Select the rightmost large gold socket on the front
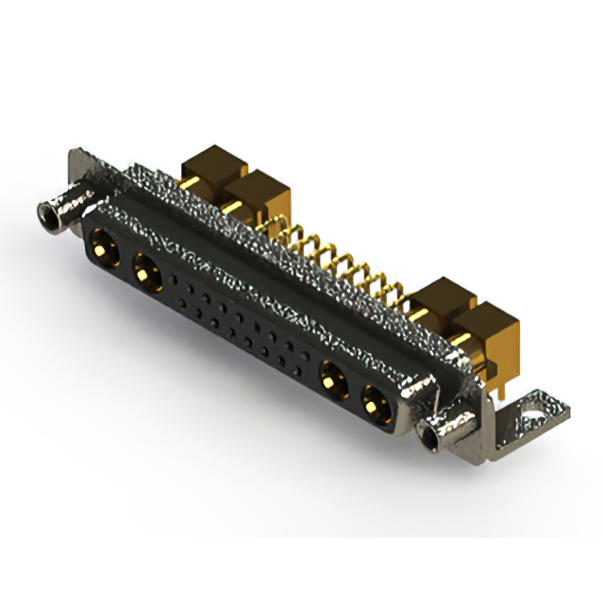(375, 400)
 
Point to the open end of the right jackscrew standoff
(435, 435)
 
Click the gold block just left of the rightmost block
(442, 300)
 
